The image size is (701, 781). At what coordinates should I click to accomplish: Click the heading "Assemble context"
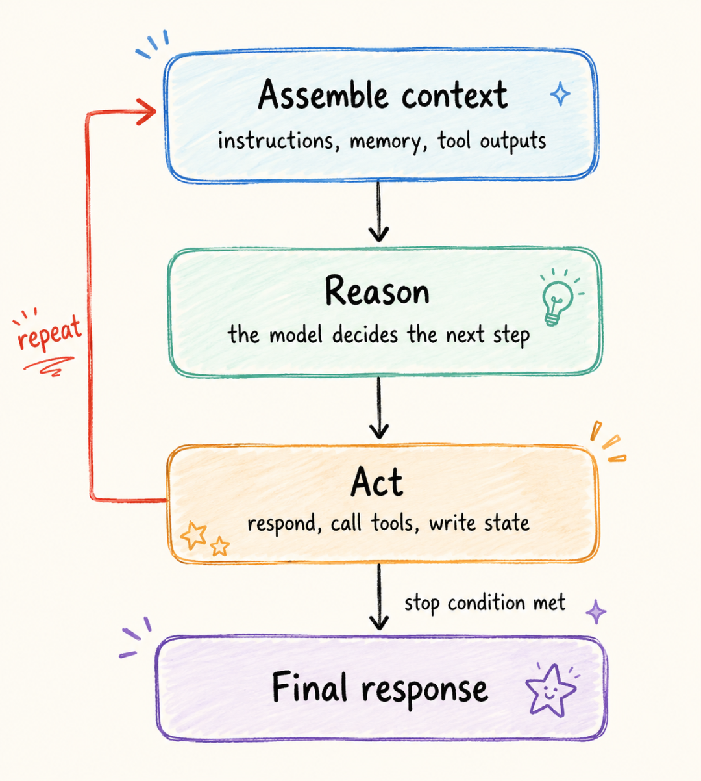click(x=383, y=94)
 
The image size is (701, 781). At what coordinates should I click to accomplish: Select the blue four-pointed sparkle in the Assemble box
click(x=560, y=94)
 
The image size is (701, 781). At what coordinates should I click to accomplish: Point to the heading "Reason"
click(x=377, y=291)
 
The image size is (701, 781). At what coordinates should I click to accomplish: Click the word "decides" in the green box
click(x=365, y=334)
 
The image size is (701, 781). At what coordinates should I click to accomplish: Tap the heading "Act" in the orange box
click(x=376, y=481)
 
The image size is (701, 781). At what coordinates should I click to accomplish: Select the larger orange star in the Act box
click(x=193, y=535)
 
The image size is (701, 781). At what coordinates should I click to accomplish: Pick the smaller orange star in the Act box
click(x=220, y=546)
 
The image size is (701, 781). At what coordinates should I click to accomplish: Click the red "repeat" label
click(x=49, y=333)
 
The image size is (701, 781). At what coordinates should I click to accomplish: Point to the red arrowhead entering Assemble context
click(x=147, y=111)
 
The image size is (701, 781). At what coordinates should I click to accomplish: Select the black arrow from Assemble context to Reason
click(x=378, y=212)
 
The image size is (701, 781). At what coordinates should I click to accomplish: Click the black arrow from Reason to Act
click(x=379, y=408)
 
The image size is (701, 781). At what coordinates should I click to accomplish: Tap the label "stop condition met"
click(x=485, y=602)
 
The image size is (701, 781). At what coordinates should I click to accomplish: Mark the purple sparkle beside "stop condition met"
click(x=596, y=612)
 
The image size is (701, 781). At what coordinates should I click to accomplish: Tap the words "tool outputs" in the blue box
click(x=491, y=141)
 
